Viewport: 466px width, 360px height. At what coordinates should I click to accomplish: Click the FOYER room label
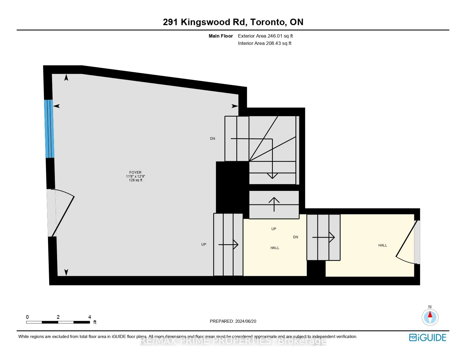135,173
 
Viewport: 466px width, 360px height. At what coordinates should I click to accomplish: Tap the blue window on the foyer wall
49,129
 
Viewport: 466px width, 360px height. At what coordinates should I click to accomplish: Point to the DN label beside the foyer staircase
212,139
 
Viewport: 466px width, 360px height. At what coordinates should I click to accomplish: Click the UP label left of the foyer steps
204,245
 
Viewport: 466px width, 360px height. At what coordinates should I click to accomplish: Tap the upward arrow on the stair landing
274,204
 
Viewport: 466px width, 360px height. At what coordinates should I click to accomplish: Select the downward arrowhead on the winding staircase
272,176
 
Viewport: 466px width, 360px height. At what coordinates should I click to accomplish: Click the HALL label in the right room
382,245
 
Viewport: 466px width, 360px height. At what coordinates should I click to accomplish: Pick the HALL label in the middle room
275,248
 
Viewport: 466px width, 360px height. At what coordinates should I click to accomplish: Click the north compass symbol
430,317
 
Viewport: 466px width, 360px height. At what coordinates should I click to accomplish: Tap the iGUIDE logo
428,337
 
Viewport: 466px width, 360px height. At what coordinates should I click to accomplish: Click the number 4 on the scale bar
90,317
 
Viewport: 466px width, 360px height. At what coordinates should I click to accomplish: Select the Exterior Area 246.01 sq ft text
265,36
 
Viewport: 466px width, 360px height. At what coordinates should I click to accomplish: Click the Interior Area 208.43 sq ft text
265,43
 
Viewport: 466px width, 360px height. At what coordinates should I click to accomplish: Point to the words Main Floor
221,36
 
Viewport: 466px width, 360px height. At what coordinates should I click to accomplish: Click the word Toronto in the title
267,22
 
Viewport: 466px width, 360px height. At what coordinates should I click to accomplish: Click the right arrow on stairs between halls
324,237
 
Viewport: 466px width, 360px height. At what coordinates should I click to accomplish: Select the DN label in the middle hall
295,237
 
